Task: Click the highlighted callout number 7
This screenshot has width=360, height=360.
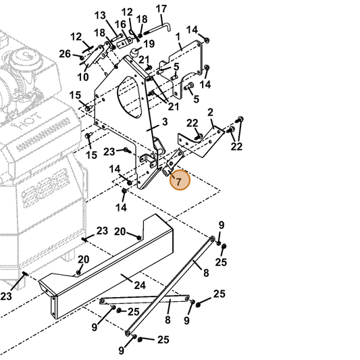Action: [x=179, y=182]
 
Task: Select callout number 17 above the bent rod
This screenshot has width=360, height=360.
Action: [x=161, y=9]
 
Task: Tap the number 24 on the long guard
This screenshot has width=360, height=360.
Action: [x=140, y=285]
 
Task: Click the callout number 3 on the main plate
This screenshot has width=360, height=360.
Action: [x=165, y=122]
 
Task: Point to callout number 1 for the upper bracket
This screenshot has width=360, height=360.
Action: [x=178, y=36]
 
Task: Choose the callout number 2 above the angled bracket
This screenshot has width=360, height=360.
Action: [x=210, y=112]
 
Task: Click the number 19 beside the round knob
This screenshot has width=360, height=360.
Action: [x=149, y=44]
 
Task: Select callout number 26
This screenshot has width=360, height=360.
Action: [x=65, y=54]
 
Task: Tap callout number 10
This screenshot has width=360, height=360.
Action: [x=83, y=77]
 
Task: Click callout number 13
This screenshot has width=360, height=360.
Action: [x=100, y=16]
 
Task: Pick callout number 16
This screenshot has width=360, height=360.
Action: [x=120, y=24]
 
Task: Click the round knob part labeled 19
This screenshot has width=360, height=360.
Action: [x=134, y=53]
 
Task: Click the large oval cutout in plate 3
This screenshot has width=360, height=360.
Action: [x=129, y=97]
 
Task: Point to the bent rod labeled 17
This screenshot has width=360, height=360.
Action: [x=159, y=28]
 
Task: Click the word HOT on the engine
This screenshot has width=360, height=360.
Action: [x=26, y=122]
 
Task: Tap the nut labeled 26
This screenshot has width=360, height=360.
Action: [x=81, y=57]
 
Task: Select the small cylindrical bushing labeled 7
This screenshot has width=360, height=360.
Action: [x=165, y=172]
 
